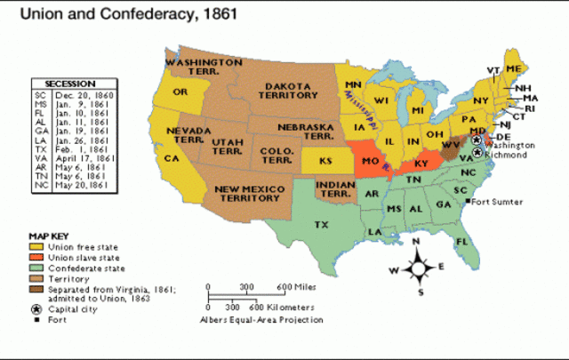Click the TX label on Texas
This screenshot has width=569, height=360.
[x=320, y=225]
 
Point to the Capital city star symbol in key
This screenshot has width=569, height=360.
[x=35, y=309]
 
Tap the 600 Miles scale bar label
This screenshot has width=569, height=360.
[x=295, y=286]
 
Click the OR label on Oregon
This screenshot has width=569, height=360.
[x=180, y=92]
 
